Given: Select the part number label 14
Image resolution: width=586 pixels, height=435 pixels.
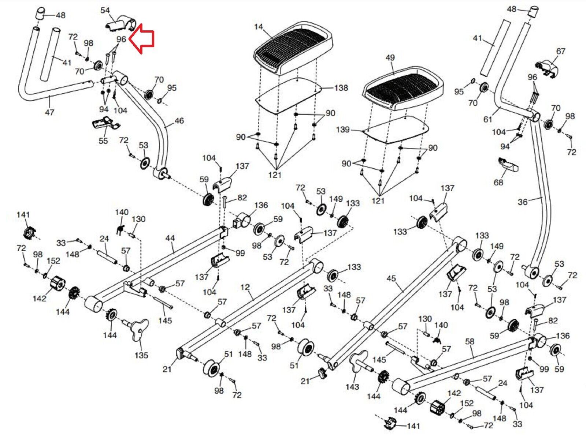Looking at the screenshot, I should (x=259, y=27).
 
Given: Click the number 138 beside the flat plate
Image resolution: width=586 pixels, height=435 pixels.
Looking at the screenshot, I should (x=341, y=88).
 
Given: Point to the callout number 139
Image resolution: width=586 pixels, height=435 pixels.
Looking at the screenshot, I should (x=343, y=130).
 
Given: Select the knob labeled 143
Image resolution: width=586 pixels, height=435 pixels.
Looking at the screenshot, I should (x=357, y=362).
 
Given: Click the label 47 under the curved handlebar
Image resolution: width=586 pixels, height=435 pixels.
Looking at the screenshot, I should (x=49, y=112).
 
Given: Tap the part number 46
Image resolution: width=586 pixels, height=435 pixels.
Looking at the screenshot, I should (x=179, y=121).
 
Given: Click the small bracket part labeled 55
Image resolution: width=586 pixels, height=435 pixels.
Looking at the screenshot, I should (x=105, y=124).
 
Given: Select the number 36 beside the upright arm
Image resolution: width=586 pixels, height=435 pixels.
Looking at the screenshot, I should (x=523, y=202).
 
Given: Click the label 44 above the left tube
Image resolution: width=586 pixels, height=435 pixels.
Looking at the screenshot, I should (x=170, y=239).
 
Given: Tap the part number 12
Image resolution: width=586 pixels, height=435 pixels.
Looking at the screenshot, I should (x=245, y=287).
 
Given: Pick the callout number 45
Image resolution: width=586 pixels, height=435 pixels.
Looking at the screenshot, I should (x=391, y=279).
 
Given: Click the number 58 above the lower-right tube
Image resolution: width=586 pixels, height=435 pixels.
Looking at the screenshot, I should (x=470, y=341).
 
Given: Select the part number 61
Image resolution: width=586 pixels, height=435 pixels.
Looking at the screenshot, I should (x=488, y=119).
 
